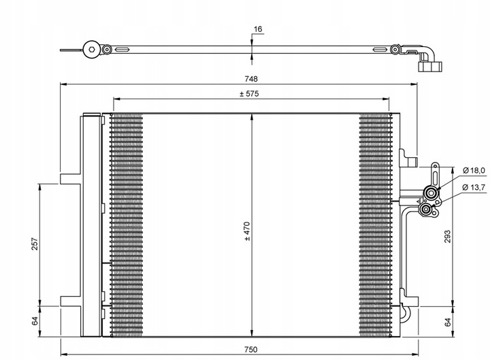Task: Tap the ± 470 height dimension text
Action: [x=247, y=232]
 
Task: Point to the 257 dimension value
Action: [x=34, y=244]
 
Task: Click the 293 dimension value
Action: [x=446, y=236]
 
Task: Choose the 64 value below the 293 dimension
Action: [x=446, y=322]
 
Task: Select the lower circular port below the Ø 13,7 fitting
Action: [x=427, y=212]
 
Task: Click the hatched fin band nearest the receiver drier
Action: [x=127, y=225]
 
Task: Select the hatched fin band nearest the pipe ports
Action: [x=376, y=225]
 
